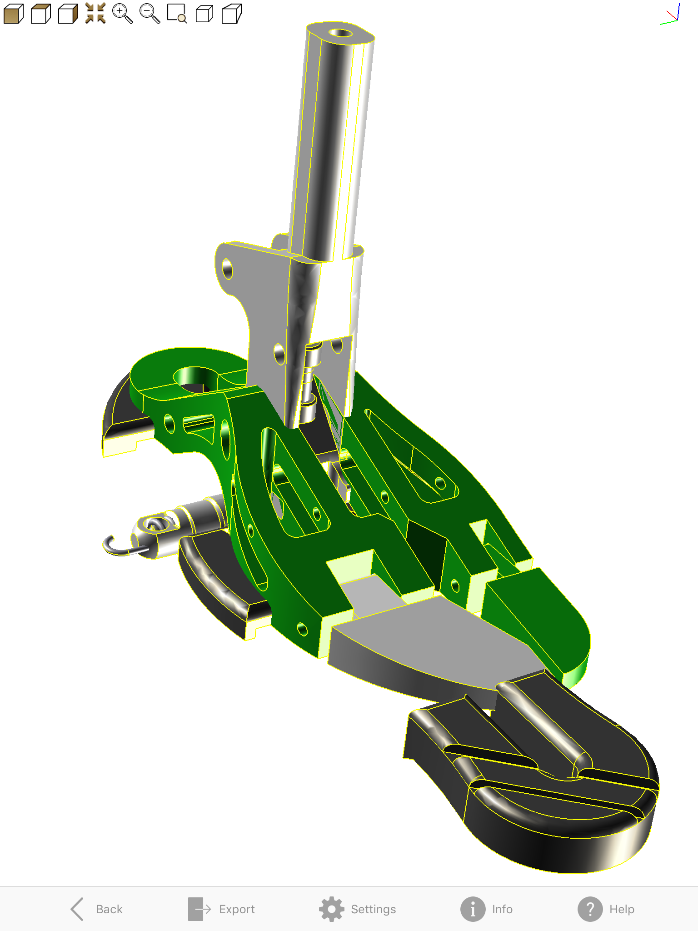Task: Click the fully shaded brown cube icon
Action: [13, 14]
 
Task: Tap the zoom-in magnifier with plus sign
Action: [122, 14]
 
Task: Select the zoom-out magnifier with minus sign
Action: [150, 14]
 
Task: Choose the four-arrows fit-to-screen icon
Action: [95, 13]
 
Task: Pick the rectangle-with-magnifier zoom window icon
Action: [177, 14]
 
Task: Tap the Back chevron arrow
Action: [77, 909]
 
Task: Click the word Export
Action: [237, 909]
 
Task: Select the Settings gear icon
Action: [332, 909]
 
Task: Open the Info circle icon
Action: [473, 909]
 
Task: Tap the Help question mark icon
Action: [590, 909]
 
